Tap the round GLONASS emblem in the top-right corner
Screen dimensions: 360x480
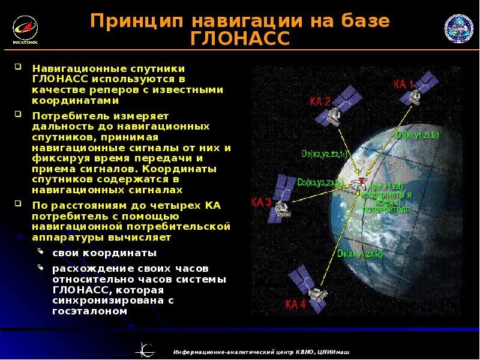click(458, 28)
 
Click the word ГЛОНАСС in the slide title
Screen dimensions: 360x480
click(239, 40)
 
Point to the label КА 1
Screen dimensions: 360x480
click(403, 83)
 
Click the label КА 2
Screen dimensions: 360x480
click(320, 101)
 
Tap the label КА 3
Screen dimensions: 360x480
click(262, 202)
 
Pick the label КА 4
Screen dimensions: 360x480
click(295, 304)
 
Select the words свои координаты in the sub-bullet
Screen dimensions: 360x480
click(104, 253)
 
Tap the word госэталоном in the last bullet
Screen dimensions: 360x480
click(90, 311)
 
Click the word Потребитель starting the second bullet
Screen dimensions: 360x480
click(67, 115)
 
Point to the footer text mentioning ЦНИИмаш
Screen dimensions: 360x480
click(260, 352)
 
